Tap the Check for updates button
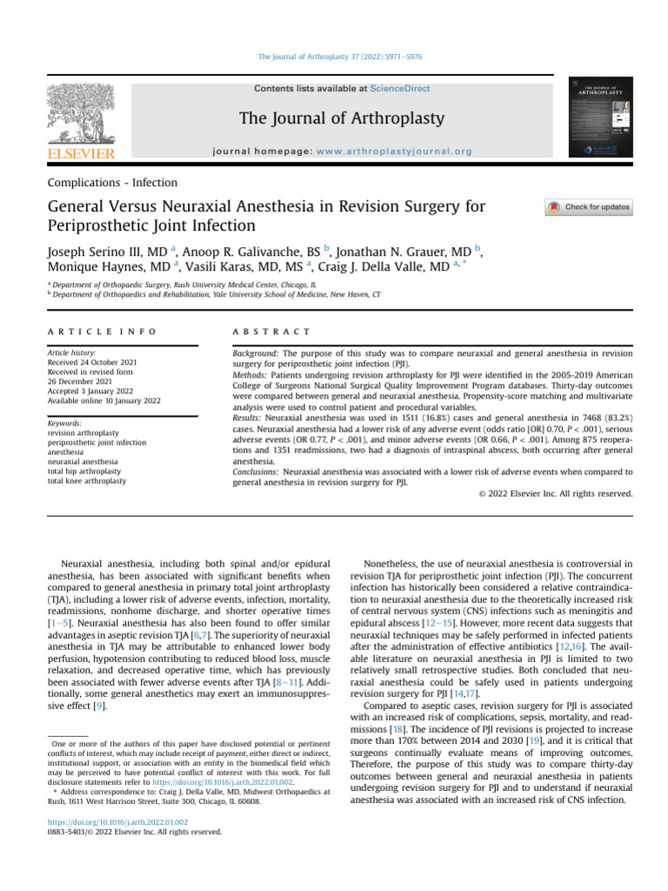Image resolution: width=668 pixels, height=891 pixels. pyautogui.click(x=589, y=207)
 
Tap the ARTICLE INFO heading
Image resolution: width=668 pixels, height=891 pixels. pyautogui.click(x=103, y=332)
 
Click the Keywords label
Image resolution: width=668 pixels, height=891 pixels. pyautogui.click(x=66, y=423)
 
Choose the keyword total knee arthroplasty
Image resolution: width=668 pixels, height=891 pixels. pyautogui.click(x=87, y=480)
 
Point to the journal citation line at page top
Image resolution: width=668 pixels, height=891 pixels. pyautogui.click(x=334, y=57)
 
